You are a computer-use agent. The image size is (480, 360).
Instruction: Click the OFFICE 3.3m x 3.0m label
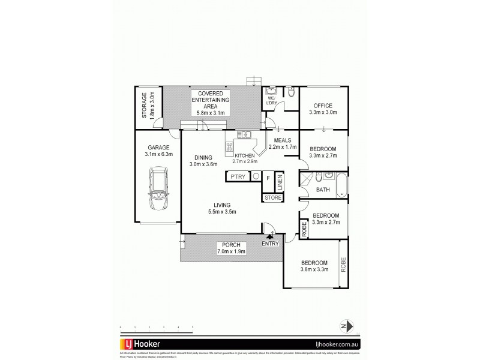pyautogui.click(x=322, y=109)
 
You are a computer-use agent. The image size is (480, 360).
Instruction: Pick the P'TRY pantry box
pyautogui.click(x=237, y=178)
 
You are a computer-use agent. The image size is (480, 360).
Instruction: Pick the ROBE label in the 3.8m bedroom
pyautogui.click(x=343, y=265)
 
